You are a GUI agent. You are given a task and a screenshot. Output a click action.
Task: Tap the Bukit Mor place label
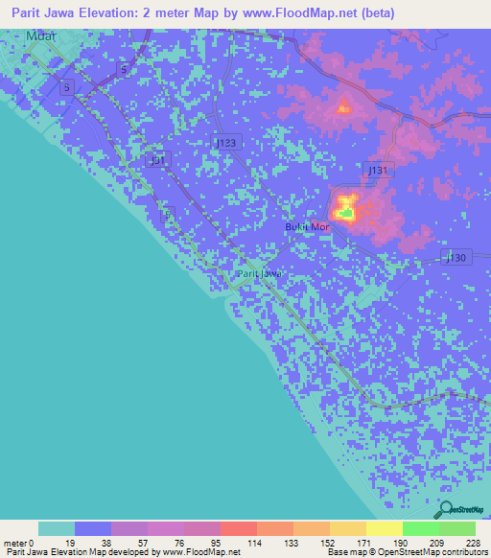point(307,227)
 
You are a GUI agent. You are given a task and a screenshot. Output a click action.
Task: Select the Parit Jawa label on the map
point(259,274)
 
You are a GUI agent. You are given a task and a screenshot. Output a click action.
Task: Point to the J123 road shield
point(225,142)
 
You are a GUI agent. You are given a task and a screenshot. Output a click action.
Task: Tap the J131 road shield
point(379,169)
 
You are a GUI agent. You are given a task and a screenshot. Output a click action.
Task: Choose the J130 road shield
point(457,257)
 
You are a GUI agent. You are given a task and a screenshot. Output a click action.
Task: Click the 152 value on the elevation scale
point(329,543)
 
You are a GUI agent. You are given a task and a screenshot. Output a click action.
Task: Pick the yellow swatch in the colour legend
point(384,528)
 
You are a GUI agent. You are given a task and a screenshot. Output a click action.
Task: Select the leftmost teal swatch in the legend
point(57,528)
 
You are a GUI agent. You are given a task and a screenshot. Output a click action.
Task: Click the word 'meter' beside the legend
point(14,543)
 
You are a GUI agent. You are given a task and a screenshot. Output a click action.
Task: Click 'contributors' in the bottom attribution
point(461,552)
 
